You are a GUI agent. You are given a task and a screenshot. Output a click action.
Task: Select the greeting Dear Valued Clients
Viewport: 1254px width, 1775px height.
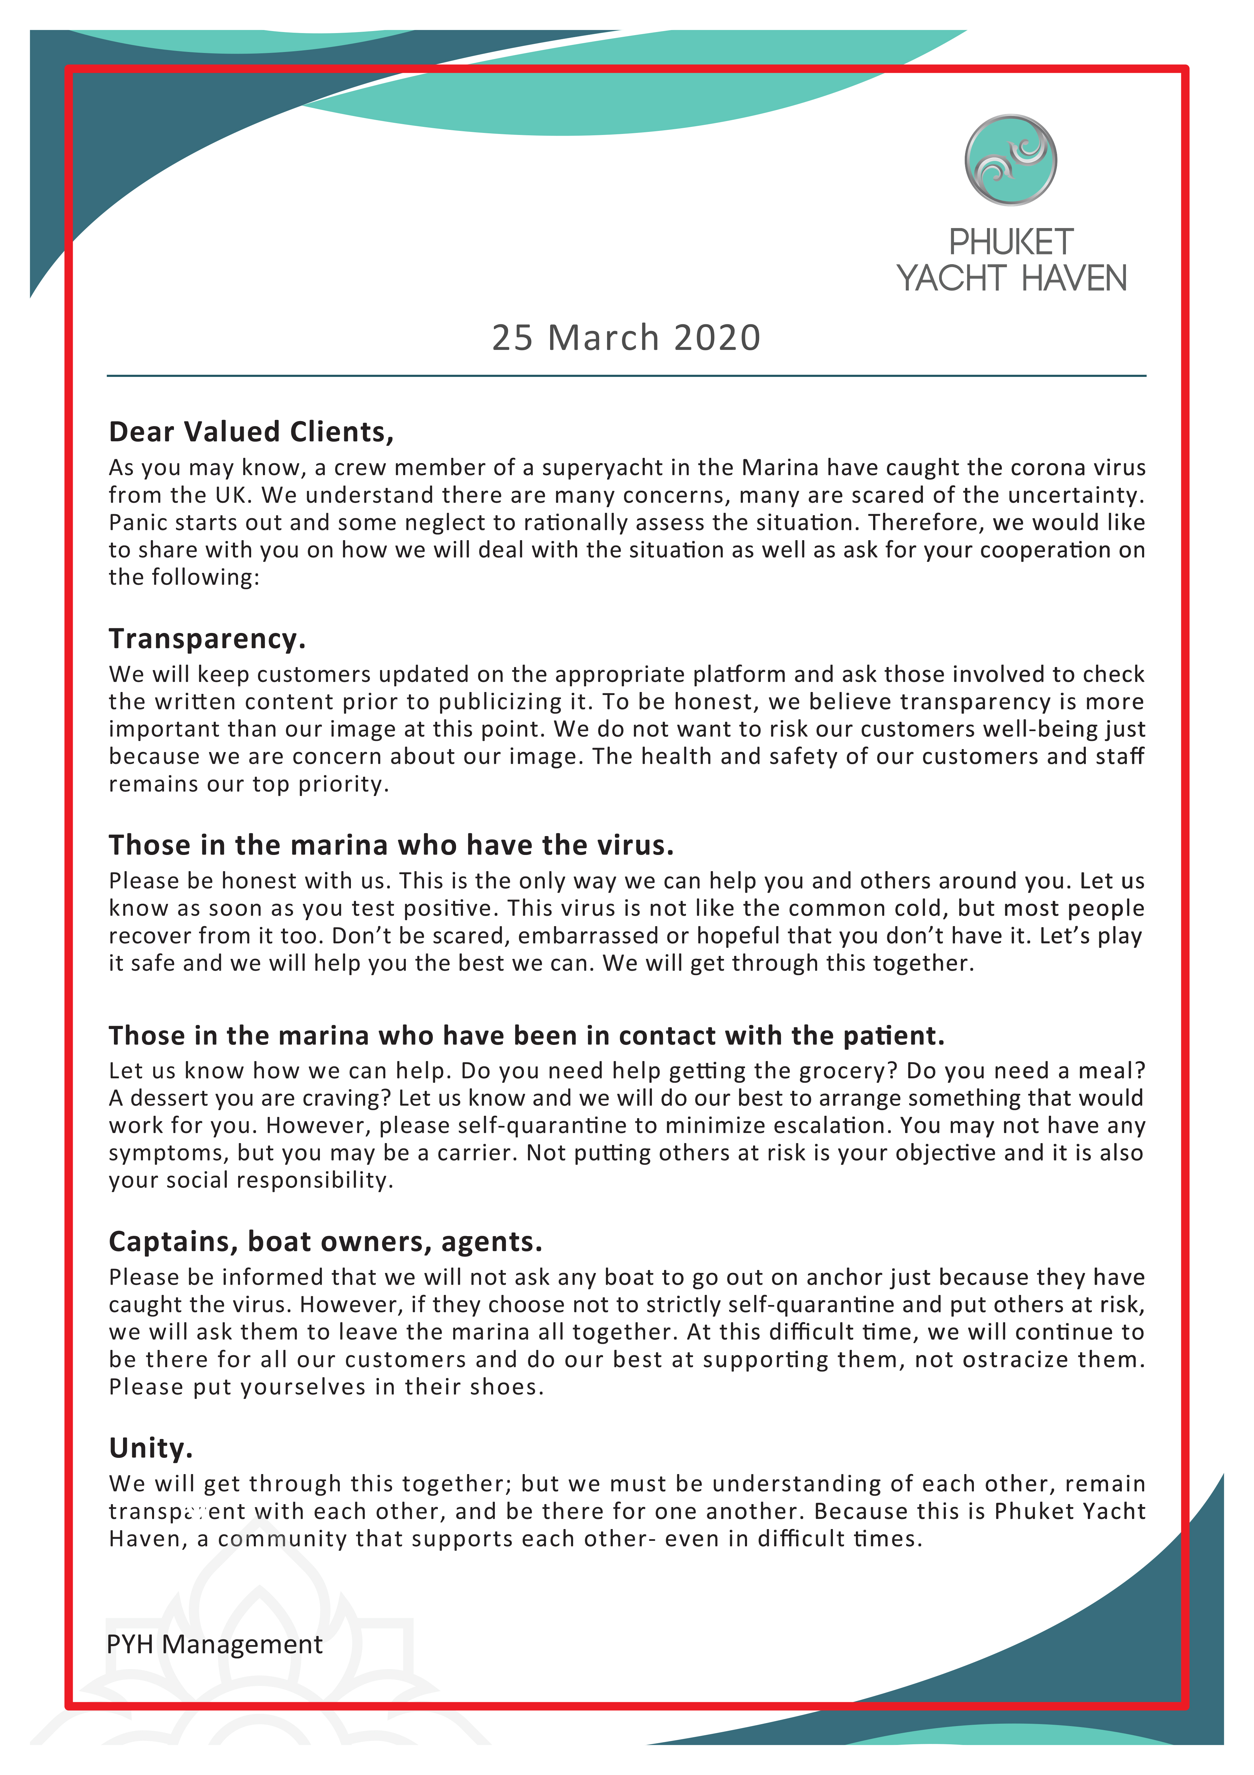point(251,432)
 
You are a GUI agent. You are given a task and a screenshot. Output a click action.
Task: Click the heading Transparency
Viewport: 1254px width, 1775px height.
point(207,639)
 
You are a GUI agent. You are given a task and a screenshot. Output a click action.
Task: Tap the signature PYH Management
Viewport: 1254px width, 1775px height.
point(215,1643)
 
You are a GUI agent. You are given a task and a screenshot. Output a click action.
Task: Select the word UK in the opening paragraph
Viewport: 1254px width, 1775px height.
point(230,495)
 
